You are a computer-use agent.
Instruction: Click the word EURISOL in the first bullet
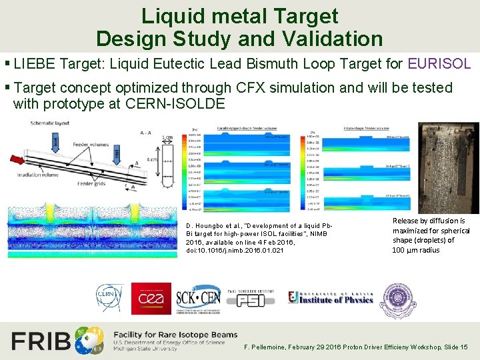click(x=439, y=64)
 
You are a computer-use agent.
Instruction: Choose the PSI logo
click(x=251, y=299)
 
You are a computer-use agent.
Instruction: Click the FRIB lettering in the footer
click(x=41, y=341)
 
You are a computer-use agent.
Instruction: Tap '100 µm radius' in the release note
click(x=415, y=250)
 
